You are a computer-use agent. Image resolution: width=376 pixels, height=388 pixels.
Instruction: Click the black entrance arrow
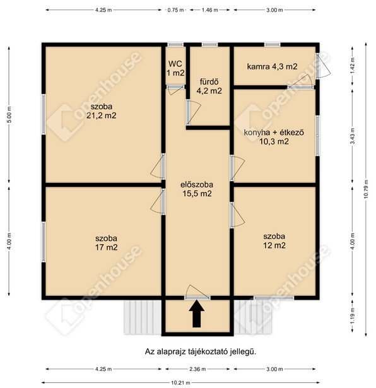(197, 314)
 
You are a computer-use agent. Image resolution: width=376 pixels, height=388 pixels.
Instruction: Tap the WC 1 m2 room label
(175, 68)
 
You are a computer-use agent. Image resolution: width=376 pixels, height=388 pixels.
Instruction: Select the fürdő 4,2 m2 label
(209, 86)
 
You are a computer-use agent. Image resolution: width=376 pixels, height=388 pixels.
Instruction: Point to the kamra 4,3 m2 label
(272, 66)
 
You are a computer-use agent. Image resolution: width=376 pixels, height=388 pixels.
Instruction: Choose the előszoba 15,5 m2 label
(197, 189)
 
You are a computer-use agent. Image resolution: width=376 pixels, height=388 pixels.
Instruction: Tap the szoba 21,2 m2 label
(102, 111)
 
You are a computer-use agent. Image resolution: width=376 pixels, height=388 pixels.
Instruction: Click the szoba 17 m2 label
(106, 243)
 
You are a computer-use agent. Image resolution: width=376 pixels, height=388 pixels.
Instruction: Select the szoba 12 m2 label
(274, 240)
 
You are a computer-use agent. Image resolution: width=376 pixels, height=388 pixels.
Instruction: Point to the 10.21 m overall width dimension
(180, 382)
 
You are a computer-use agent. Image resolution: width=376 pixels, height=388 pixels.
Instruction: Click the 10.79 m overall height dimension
(366, 189)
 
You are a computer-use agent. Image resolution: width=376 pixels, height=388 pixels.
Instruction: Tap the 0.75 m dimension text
(175, 10)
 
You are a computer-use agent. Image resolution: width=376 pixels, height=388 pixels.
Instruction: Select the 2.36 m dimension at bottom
(197, 369)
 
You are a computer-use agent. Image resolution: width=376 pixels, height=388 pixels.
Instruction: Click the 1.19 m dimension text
(353, 315)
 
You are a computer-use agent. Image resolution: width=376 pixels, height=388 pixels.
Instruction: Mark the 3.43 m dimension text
(353, 136)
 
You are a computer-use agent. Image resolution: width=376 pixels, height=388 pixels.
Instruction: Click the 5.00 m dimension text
(9, 114)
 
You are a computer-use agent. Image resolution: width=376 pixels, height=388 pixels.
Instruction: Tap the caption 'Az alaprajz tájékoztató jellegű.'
(201, 351)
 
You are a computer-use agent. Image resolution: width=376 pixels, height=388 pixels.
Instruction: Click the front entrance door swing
(197, 291)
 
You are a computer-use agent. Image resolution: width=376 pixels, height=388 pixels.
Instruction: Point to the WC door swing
(175, 91)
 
